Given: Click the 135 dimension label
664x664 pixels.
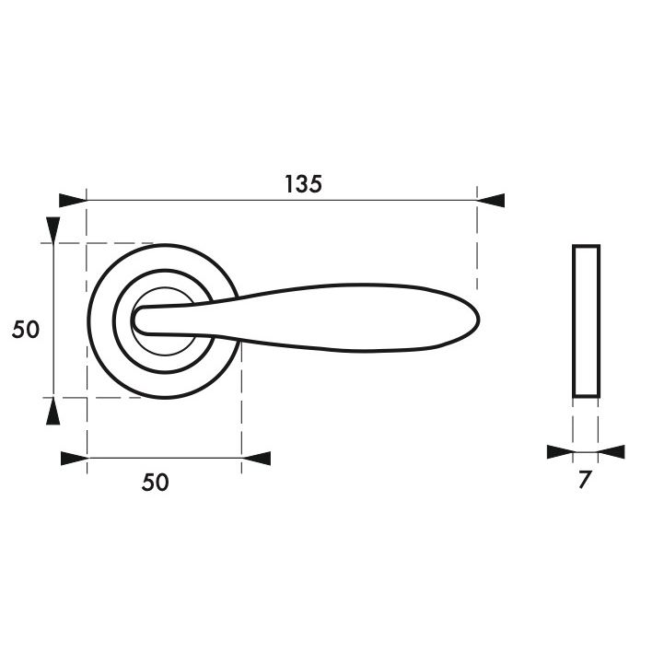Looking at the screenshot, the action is click(x=303, y=184).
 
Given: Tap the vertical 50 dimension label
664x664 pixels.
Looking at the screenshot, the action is click(x=26, y=330).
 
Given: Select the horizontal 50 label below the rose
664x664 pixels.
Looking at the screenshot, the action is click(x=155, y=483).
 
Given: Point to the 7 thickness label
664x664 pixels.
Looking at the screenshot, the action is click(x=585, y=480).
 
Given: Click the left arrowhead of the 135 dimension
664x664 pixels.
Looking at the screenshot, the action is click(x=73, y=200).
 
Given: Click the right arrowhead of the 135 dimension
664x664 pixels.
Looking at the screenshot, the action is click(x=491, y=200).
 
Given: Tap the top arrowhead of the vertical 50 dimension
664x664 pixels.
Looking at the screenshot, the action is click(x=52, y=230).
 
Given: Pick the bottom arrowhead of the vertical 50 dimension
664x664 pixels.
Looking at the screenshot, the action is click(x=52, y=411).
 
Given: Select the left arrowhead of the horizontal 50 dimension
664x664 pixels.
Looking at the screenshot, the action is click(x=75, y=459).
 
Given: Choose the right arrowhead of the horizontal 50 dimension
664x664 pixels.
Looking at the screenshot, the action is click(x=256, y=459).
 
